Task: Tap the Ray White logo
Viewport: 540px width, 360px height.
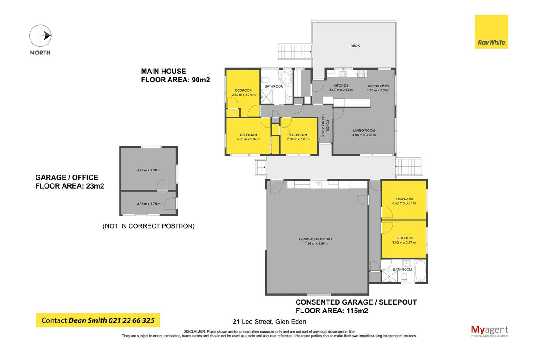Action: (x=491, y=31)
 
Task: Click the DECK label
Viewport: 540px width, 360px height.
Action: (x=355, y=45)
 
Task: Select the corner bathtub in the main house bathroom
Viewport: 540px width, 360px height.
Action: (x=285, y=78)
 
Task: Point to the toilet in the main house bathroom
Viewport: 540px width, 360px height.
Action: (x=265, y=79)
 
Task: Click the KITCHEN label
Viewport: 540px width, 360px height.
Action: (x=341, y=85)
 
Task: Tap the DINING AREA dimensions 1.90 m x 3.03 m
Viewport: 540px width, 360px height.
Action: (x=378, y=90)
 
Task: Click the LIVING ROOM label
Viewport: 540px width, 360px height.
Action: (x=364, y=130)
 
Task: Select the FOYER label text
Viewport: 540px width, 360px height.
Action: (x=328, y=126)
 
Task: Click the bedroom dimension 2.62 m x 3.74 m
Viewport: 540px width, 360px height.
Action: (x=243, y=95)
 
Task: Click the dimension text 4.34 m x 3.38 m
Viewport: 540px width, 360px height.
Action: (x=148, y=170)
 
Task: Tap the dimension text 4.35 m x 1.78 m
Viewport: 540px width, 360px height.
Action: (x=148, y=204)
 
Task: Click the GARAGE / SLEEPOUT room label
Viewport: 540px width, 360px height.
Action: (x=316, y=239)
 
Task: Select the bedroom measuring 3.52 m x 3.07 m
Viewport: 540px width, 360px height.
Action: (x=404, y=200)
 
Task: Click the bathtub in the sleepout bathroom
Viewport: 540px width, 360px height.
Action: (x=421, y=271)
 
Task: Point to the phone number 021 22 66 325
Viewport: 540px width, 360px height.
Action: (x=131, y=320)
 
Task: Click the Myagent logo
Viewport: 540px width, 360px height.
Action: (x=490, y=331)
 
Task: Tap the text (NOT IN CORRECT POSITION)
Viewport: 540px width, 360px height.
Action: (x=148, y=226)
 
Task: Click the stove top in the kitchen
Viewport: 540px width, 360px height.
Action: (x=361, y=74)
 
